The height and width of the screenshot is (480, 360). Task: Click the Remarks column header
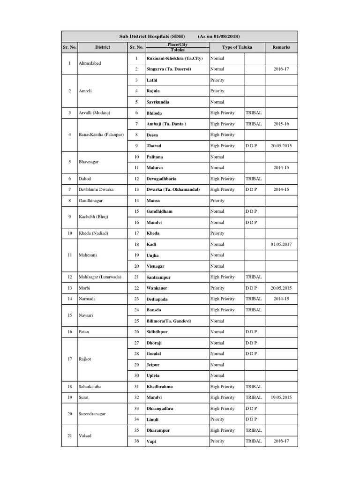[281, 47]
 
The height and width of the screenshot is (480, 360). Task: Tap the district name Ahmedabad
[90, 63]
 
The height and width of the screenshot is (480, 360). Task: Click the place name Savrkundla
[158, 102]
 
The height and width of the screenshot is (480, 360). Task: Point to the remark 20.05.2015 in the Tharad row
[281, 146]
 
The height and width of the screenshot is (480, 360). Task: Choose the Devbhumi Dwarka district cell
[97, 189]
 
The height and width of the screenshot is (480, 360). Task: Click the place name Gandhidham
[159, 211]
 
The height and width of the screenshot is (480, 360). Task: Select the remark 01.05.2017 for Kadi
[281, 244]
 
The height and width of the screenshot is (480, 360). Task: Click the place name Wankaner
[158, 288]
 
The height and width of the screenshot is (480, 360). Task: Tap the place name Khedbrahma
[160, 387]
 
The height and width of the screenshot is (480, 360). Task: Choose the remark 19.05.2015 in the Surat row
[281, 397]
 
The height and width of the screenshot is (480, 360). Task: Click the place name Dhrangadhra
[160, 408]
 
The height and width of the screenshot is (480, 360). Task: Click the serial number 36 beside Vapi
[136, 441]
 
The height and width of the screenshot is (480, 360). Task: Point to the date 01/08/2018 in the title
[225, 36]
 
